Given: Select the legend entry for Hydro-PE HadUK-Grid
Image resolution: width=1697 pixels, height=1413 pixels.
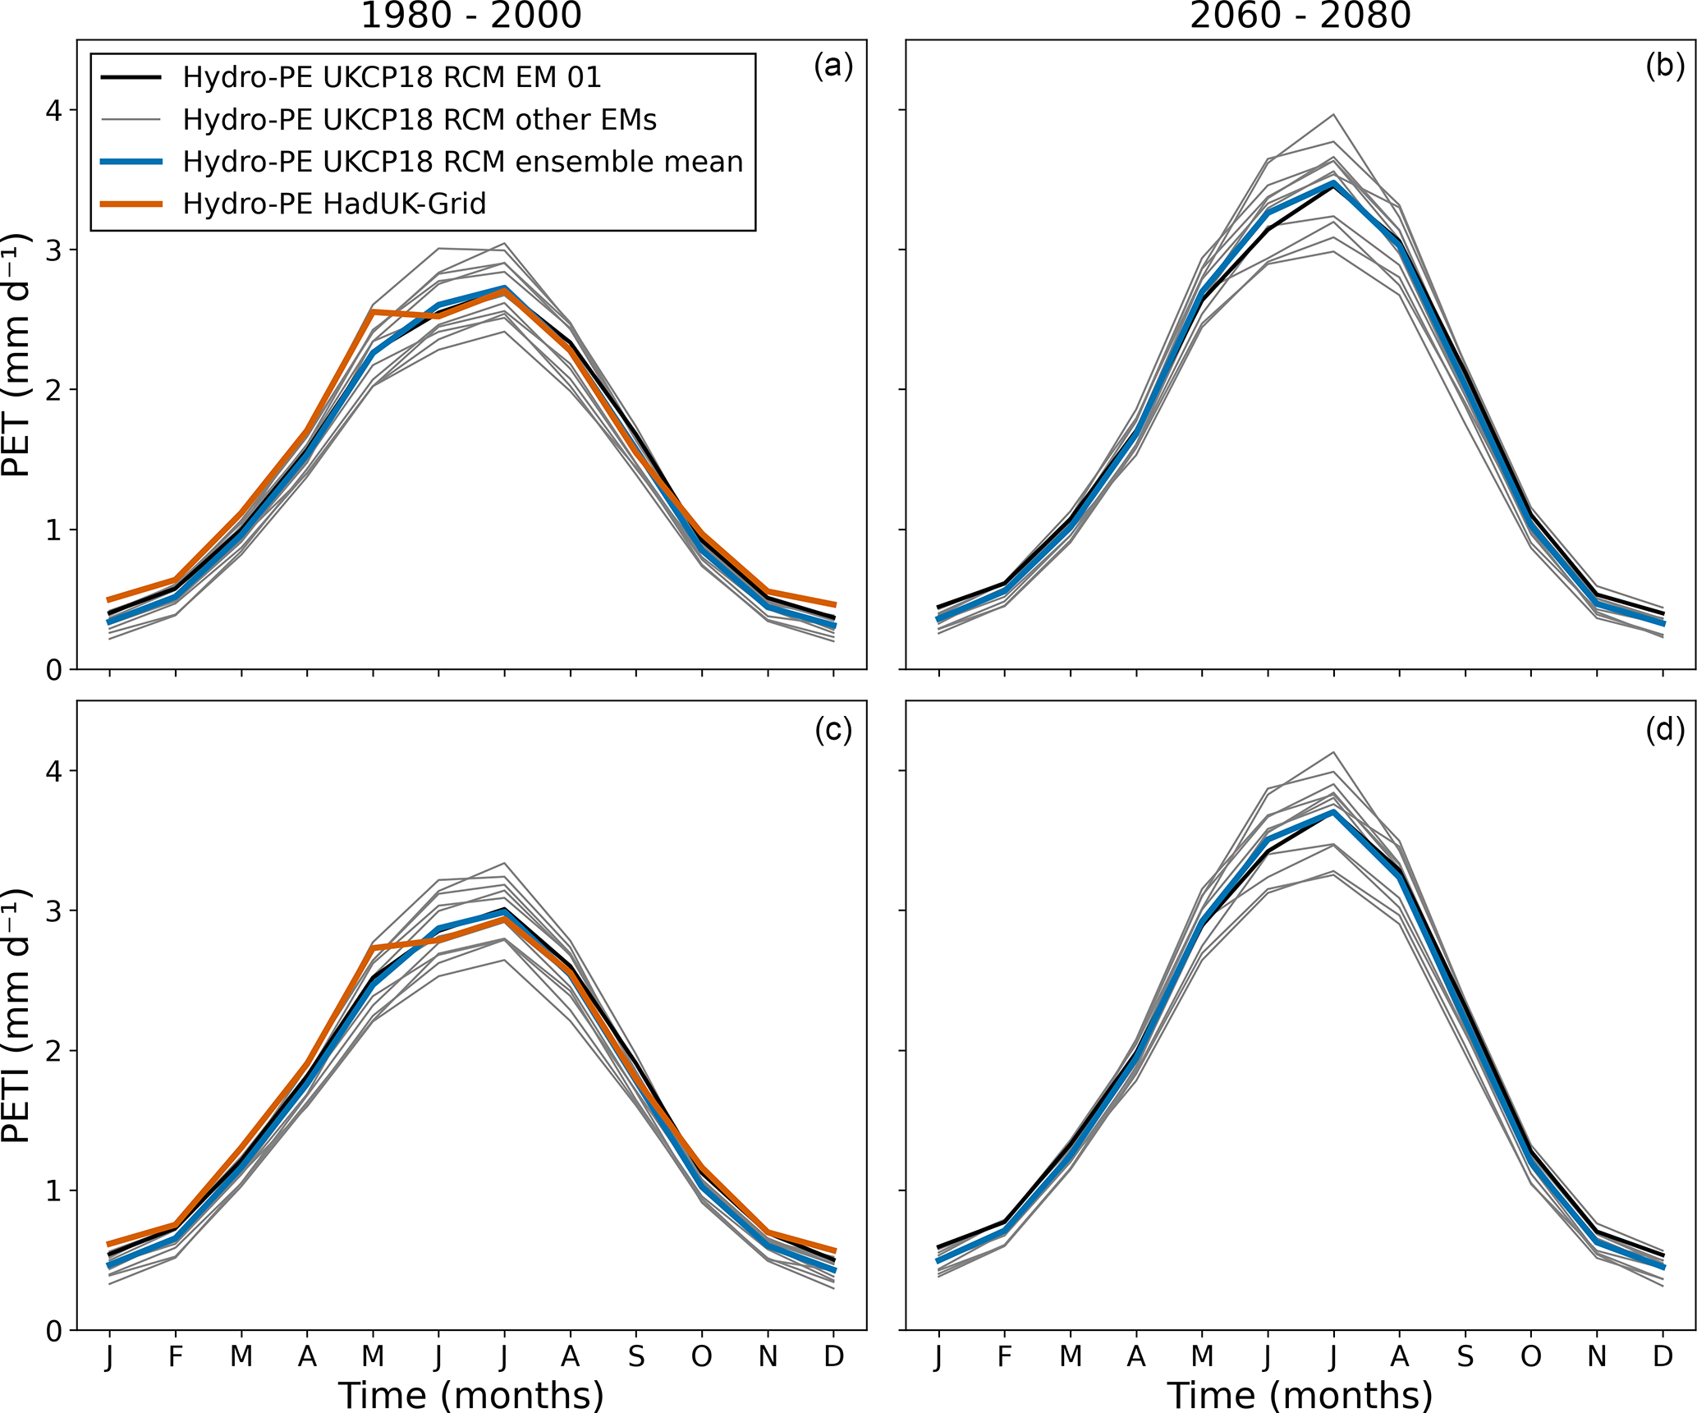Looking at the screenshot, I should tap(334, 204).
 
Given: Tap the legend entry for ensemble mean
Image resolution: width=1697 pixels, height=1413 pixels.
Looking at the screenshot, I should tap(462, 162).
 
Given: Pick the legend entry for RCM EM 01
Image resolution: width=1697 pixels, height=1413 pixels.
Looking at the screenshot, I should tap(392, 77).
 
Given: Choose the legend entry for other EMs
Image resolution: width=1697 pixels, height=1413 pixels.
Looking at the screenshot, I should tap(419, 120).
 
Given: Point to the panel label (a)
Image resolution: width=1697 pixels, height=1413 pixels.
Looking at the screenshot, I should tap(833, 66).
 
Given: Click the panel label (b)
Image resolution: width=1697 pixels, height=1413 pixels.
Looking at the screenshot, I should tap(1664, 66).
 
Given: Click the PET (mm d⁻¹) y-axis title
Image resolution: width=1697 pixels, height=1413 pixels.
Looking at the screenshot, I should tap(16, 355).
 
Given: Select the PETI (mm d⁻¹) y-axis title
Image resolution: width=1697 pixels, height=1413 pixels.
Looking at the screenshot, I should tap(16, 1015).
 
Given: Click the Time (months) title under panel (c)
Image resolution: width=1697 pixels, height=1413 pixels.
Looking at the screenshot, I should tap(471, 1394).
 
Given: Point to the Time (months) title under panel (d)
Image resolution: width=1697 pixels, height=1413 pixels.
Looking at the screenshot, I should tap(1300, 1394).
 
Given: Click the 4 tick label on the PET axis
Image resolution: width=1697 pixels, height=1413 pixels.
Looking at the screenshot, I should tap(54, 110).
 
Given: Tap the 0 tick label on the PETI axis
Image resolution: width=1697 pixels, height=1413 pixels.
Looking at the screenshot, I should tap(54, 1332).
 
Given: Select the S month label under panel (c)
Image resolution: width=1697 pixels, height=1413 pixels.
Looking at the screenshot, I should tap(636, 1357).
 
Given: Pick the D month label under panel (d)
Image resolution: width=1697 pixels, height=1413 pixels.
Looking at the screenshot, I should tap(1663, 1357).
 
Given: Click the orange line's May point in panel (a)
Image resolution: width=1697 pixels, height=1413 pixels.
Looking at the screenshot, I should tap(373, 312).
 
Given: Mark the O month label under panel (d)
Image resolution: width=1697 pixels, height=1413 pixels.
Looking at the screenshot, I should tap(1531, 1357).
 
